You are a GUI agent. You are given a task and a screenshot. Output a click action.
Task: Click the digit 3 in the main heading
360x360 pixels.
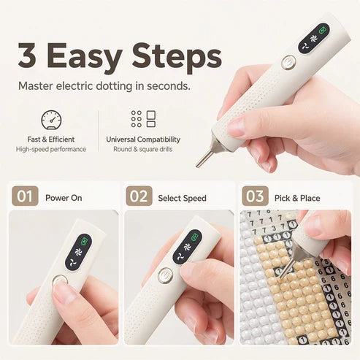(27, 55)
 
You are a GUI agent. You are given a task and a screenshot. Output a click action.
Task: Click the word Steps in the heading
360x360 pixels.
(177, 58)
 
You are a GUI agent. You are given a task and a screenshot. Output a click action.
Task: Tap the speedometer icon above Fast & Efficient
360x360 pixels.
(51, 120)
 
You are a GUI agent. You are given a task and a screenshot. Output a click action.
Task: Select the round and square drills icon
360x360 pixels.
(143, 119)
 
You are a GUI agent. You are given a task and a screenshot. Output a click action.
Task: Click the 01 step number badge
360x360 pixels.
(25, 196)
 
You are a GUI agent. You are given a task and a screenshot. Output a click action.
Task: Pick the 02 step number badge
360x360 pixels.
(139, 196)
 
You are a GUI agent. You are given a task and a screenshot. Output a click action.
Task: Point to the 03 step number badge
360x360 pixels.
(255, 196)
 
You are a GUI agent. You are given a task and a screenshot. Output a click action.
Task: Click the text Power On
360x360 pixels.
(64, 198)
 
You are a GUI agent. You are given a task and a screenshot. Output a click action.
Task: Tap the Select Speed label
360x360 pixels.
(182, 198)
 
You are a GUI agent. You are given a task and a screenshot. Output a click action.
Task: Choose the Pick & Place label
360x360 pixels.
(297, 198)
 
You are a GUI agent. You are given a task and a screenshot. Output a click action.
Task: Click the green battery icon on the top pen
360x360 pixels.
(323, 31)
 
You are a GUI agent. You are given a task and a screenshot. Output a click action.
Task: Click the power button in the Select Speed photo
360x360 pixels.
(166, 275)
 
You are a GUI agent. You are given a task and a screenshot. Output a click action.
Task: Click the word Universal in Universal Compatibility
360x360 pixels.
(120, 139)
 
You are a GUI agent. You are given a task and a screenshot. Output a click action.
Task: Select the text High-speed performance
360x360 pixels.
(51, 149)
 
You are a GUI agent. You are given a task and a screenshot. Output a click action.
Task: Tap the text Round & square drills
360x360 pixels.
(143, 149)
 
